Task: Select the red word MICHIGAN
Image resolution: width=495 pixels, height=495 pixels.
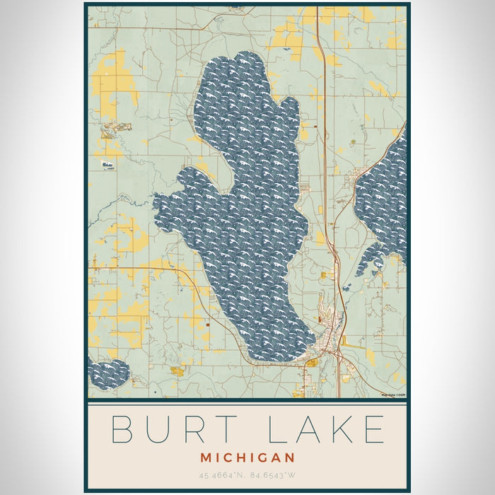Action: coord(247,458)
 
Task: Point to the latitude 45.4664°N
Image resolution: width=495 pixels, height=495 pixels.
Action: coord(220,475)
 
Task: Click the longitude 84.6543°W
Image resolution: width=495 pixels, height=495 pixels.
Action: coord(274,475)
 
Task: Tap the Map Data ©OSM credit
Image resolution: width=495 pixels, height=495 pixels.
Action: coord(393,395)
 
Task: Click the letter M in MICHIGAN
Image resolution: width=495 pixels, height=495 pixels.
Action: coord(206,458)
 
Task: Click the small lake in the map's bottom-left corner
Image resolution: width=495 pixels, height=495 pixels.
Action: coord(108,374)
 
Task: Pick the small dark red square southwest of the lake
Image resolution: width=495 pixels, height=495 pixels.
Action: coord(208,325)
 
